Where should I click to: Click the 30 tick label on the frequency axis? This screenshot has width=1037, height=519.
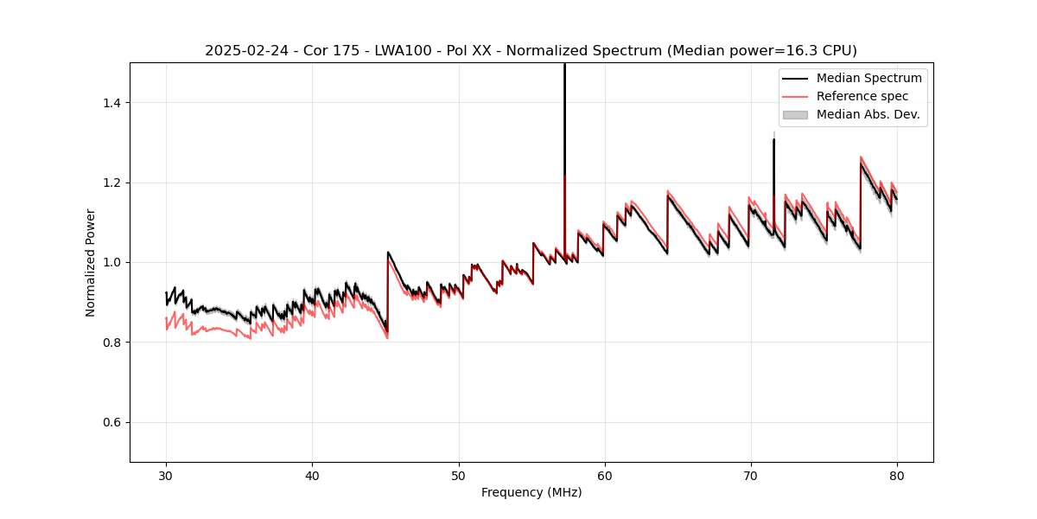(166, 475)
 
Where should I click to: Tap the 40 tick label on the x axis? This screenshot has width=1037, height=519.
(312, 475)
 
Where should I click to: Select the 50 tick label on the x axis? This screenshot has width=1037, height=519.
(458, 475)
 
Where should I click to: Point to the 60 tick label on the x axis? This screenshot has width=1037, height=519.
(604, 475)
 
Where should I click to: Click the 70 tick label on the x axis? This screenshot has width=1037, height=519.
(750, 475)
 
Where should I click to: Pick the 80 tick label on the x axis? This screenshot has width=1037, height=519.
(896, 475)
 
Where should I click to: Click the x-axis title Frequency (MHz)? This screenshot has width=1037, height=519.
(531, 492)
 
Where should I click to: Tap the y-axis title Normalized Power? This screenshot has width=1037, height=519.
(91, 262)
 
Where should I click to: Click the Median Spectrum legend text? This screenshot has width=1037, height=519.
(868, 78)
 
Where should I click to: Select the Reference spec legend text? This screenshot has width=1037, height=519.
(862, 96)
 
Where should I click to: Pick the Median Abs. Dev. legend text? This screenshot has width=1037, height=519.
(868, 114)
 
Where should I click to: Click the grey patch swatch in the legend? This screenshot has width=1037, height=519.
(795, 114)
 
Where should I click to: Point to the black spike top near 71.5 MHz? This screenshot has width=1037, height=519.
(773, 139)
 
